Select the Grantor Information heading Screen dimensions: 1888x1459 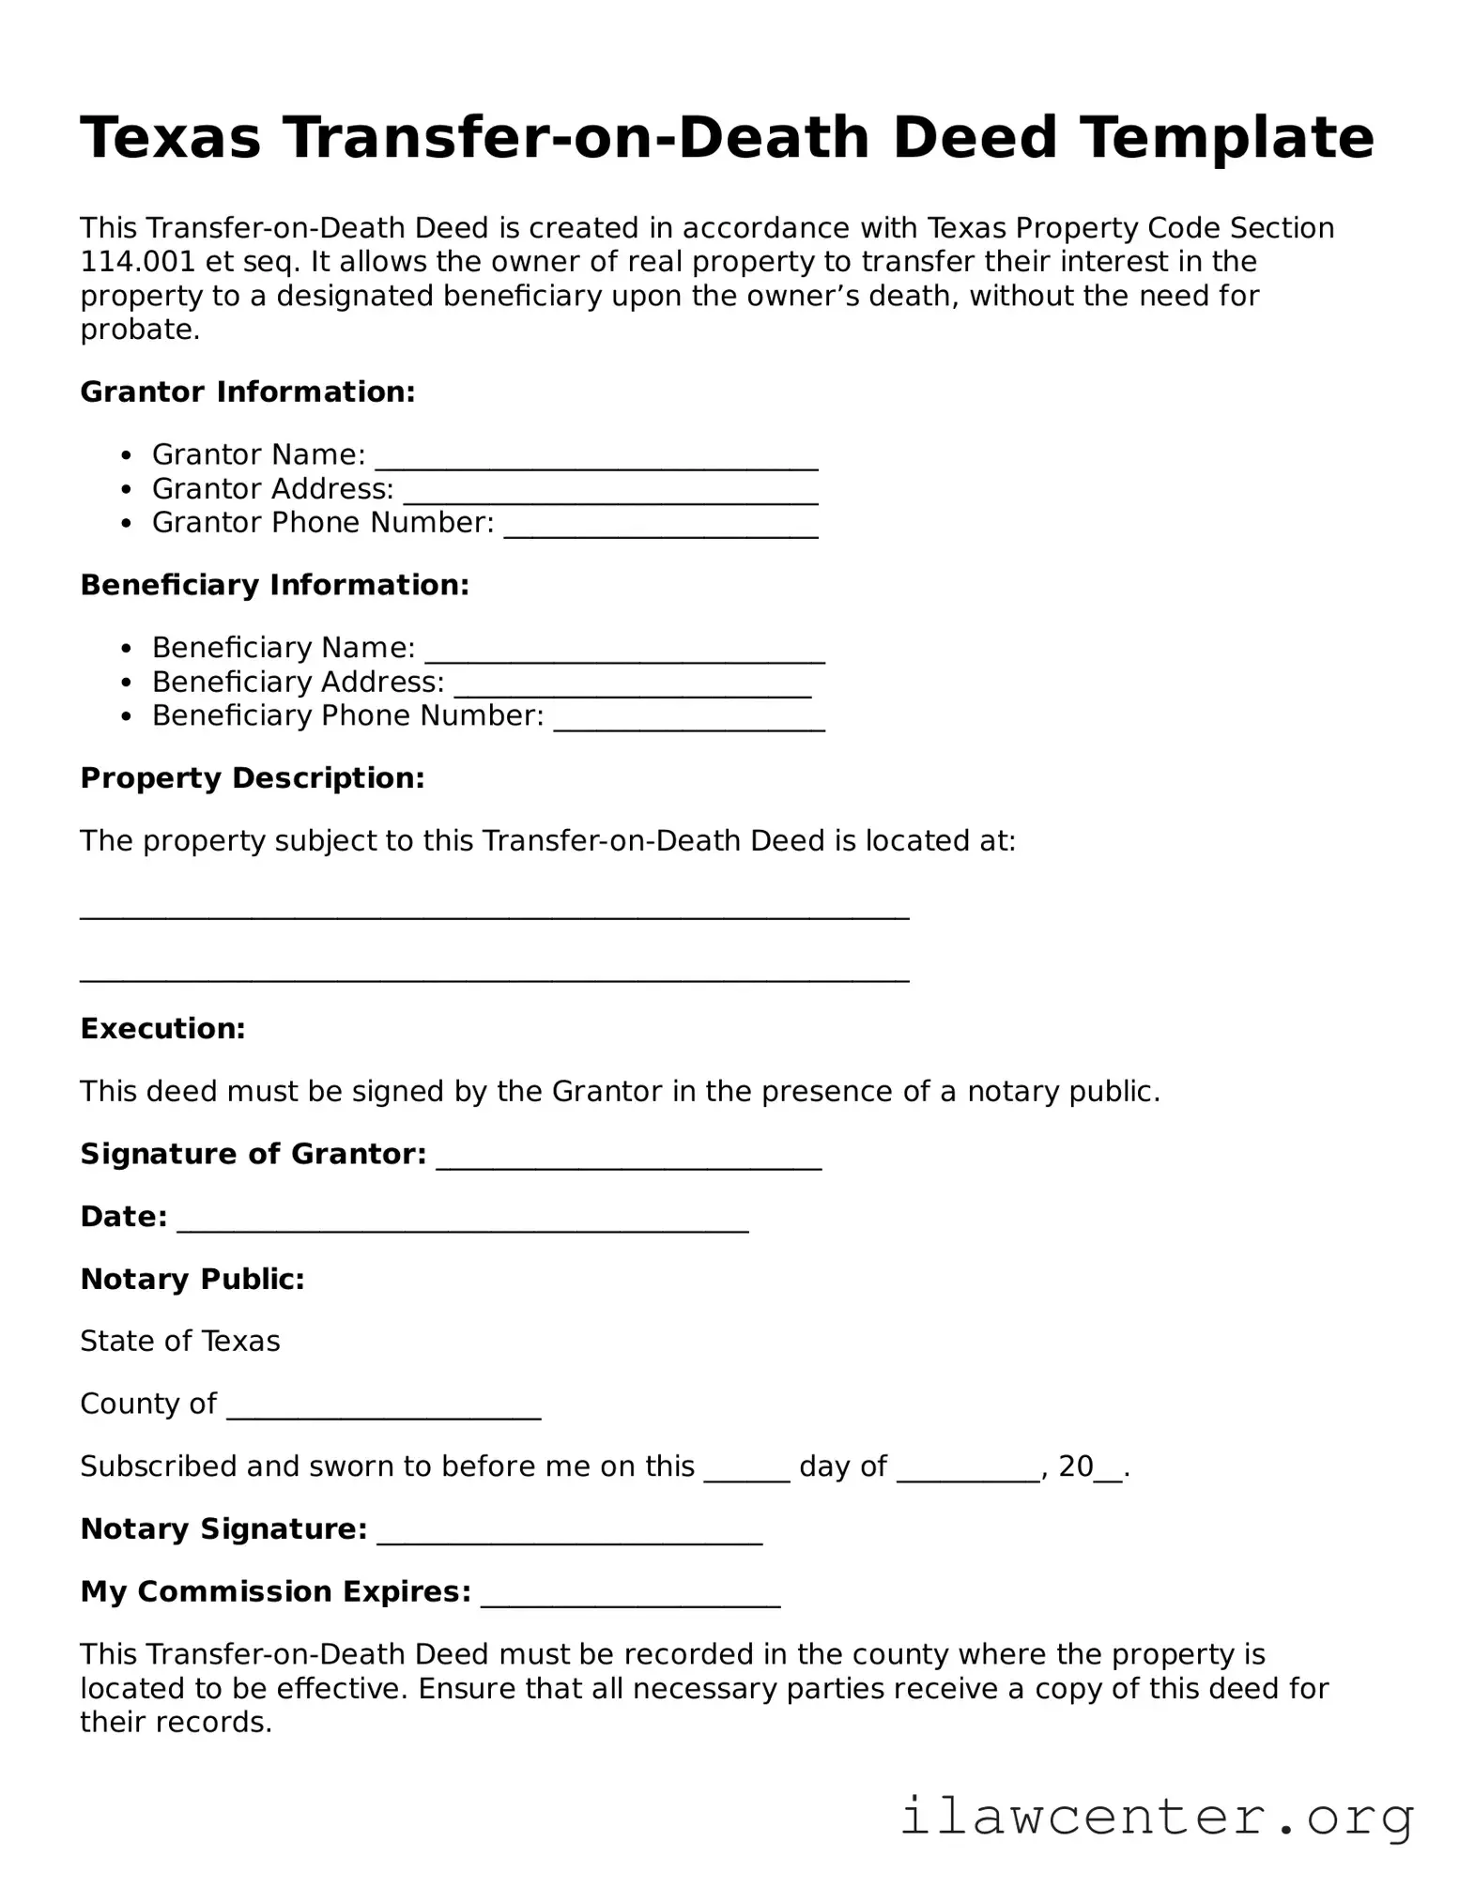point(248,391)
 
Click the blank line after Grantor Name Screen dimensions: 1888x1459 point(596,464)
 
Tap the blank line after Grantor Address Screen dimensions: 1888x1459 point(610,499)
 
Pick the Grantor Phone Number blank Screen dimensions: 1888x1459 point(661,532)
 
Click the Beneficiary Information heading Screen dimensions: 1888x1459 point(274,585)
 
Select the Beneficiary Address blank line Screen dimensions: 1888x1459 point(633,692)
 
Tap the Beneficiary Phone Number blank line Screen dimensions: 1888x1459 point(689,726)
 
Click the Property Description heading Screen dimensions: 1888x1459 point(253,778)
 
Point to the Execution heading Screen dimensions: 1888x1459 point(162,1029)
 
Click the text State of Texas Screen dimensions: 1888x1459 point(180,1342)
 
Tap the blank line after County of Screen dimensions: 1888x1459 point(384,1414)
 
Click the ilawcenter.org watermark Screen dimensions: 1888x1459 point(1157,1818)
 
